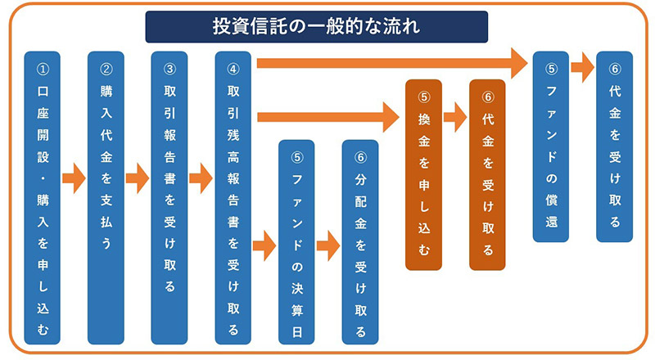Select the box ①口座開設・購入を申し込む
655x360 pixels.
(x=43, y=197)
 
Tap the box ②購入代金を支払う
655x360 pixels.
(x=106, y=197)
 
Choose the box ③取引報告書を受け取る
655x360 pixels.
(x=169, y=197)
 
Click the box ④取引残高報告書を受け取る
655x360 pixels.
(x=233, y=197)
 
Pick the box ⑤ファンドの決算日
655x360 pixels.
(x=296, y=241)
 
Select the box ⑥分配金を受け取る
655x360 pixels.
(x=360, y=241)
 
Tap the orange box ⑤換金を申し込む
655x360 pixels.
(x=423, y=174)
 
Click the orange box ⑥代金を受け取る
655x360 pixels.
(x=487, y=174)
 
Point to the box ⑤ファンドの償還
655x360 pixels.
(x=550, y=146)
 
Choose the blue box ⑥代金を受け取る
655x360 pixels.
(x=614, y=146)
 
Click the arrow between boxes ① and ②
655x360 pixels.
(x=75, y=176)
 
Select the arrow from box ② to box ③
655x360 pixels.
(x=138, y=176)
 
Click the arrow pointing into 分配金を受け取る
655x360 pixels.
(x=328, y=243)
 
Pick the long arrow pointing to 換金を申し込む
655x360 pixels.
(x=327, y=116)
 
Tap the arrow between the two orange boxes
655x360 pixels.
(x=455, y=116)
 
